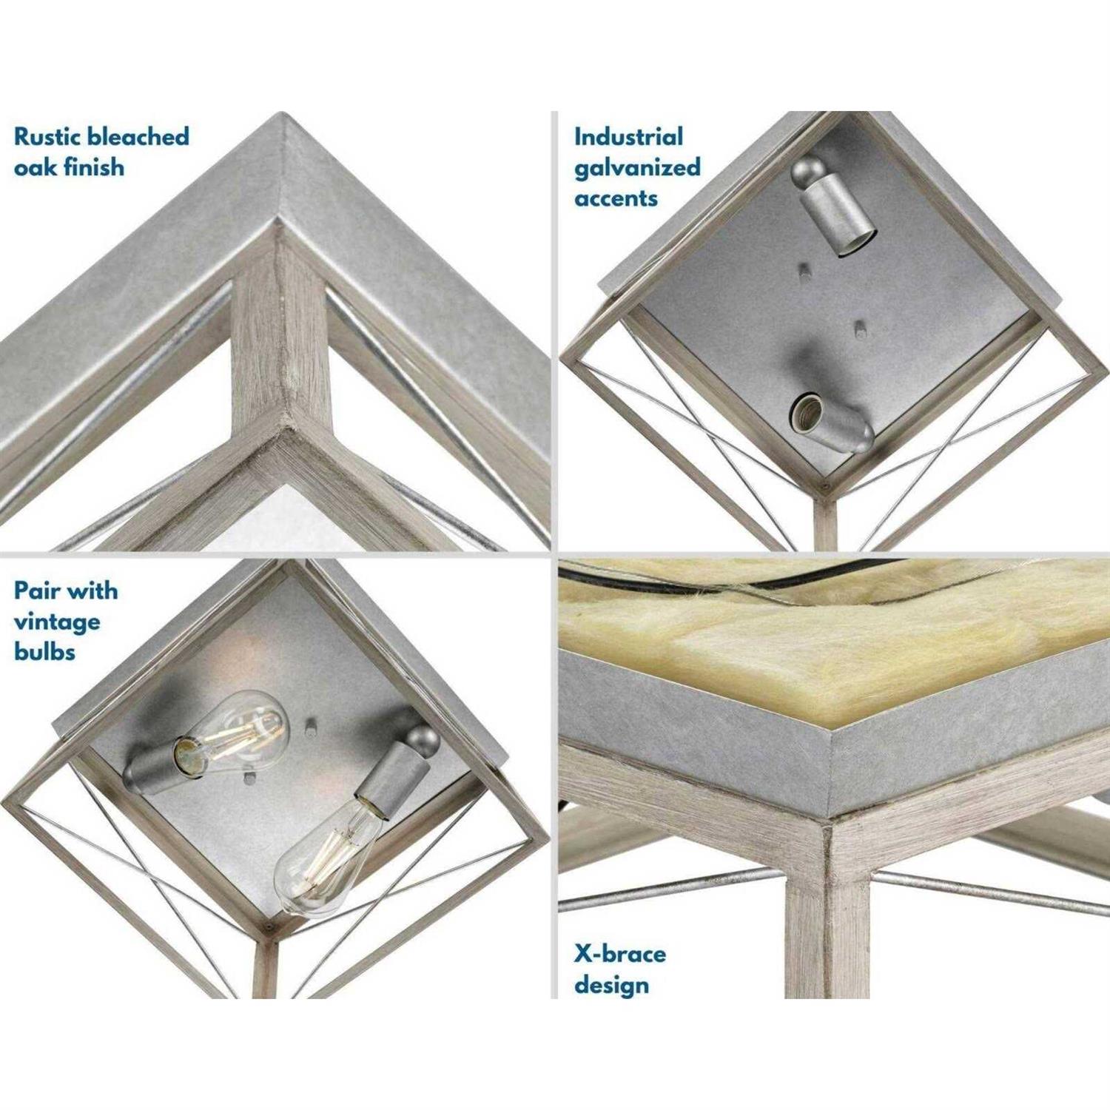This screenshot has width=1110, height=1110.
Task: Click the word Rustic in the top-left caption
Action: click(x=47, y=137)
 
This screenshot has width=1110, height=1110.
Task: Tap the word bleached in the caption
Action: click(x=138, y=137)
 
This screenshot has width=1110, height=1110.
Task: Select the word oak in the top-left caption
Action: click(x=35, y=168)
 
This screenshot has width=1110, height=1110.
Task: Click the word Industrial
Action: click(x=628, y=137)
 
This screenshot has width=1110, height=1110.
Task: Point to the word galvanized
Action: click(x=637, y=168)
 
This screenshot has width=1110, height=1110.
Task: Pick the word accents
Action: click(x=616, y=198)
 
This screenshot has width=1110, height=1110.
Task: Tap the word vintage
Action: click(x=57, y=622)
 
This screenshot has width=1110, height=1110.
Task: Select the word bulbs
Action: click(x=44, y=652)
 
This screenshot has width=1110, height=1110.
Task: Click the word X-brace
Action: click(x=619, y=954)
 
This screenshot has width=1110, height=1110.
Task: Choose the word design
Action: click(x=611, y=985)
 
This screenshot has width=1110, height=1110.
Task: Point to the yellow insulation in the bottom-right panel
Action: click(x=814, y=651)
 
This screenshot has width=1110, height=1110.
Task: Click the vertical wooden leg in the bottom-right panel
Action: click(x=827, y=925)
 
